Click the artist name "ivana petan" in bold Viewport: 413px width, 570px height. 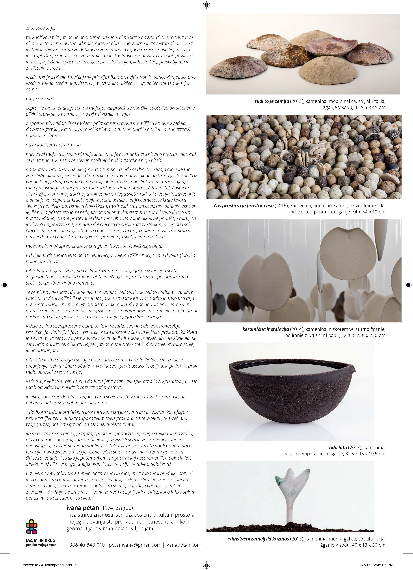click(82, 508)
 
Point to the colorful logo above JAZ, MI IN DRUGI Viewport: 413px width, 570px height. click(32, 527)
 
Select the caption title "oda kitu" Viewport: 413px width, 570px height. click(338, 447)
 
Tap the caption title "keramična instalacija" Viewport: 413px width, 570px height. click(265, 329)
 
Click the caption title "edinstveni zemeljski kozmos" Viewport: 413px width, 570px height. click(258, 539)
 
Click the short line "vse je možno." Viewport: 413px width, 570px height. click(39, 99)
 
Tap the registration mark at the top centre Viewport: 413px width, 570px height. click(206, 5)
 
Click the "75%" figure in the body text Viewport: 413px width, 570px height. click(193, 175)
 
